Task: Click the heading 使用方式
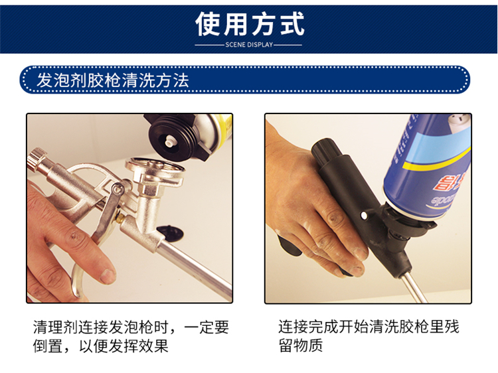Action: coord(250,24)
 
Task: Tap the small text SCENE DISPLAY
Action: coord(249,44)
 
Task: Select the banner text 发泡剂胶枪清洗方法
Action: coord(113,80)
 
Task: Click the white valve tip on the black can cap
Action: coord(170,140)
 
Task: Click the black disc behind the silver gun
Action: coord(171,231)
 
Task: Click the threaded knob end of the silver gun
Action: coord(35,159)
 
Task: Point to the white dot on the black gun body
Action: coord(364,216)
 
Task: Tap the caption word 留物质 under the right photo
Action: coord(300,345)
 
